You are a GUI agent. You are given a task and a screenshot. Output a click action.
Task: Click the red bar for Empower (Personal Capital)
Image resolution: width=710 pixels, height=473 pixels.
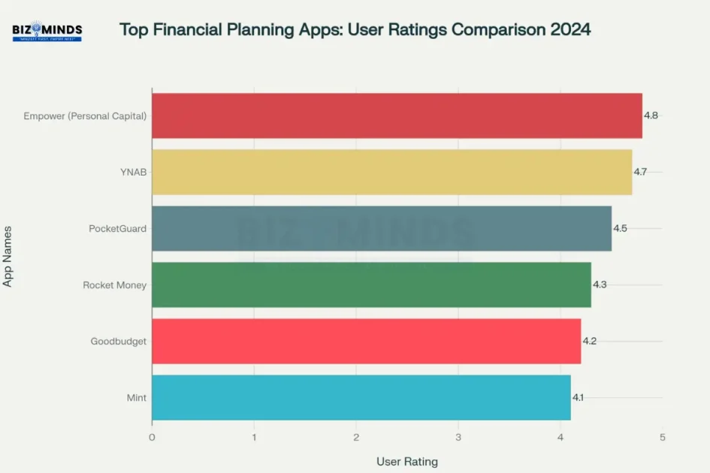tap(397, 116)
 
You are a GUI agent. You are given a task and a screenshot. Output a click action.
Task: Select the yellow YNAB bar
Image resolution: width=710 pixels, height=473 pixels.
tap(391, 172)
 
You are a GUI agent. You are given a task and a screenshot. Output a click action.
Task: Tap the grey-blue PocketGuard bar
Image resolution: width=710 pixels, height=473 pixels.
tap(382, 228)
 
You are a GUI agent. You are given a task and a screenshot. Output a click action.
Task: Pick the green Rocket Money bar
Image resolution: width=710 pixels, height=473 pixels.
tap(371, 285)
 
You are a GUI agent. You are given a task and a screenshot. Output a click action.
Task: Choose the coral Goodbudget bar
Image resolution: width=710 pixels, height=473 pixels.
tap(366, 341)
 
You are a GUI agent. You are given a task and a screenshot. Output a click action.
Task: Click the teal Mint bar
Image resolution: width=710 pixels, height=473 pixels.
tap(361, 397)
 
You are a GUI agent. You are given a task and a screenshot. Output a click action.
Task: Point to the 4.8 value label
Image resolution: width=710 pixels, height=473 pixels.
tap(651, 116)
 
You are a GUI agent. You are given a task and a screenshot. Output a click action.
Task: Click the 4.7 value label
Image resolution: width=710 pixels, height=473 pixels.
tap(640, 172)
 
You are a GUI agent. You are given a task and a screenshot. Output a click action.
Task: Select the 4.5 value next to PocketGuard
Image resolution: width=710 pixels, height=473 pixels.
tap(620, 228)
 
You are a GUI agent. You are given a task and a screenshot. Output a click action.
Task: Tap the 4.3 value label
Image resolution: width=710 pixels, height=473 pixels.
tap(600, 285)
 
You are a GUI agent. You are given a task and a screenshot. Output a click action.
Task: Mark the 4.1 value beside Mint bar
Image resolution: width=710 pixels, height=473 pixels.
tap(578, 397)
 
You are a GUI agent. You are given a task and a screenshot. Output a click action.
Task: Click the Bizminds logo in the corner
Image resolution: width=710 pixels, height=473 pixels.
tap(47, 32)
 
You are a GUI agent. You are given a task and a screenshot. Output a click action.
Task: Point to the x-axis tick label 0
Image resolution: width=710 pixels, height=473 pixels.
tap(152, 437)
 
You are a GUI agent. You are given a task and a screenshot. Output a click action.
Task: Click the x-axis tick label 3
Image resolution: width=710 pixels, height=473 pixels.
tap(458, 437)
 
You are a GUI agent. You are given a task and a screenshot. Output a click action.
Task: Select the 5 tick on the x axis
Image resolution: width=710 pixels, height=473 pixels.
tap(662, 437)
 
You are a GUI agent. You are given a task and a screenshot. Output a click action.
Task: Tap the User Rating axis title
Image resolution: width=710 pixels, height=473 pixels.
tap(406, 461)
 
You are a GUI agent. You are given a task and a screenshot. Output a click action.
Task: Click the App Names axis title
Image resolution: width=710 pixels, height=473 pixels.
tap(8, 256)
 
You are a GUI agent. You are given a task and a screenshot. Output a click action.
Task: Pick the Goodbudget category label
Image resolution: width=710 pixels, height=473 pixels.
tap(118, 341)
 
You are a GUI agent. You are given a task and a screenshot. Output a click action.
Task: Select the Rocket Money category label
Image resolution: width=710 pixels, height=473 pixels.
tap(114, 285)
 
